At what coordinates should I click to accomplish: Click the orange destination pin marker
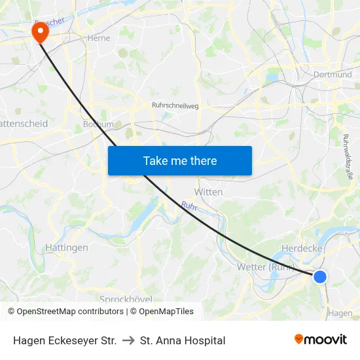click(x=40, y=31)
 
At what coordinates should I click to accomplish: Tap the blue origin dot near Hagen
click(x=320, y=277)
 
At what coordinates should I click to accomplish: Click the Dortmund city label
click(x=333, y=75)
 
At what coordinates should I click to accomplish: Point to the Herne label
click(x=98, y=38)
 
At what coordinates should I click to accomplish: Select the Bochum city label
click(x=98, y=124)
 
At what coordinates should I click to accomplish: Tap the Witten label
click(x=209, y=192)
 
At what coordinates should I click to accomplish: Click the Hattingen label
click(x=66, y=248)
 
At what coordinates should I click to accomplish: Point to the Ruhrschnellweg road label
click(x=175, y=105)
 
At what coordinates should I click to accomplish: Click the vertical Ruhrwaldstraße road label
click(x=348, y=157)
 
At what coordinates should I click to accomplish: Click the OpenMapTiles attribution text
click(x=166, y=312)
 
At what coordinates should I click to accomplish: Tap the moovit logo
click(x=320, y=340)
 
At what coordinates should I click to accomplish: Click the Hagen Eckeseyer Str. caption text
click(x=65, y=340)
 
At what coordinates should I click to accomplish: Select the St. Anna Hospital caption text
click(x=183, y=340)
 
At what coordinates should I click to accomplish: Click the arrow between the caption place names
click(x=128, y=340)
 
